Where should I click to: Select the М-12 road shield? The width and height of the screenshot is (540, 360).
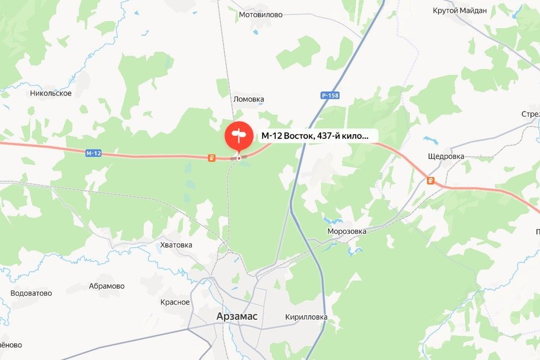point(93,153)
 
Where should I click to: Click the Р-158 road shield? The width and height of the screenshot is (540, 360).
point(330,95)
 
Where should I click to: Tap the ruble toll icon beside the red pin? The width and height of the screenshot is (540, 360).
point(212,158)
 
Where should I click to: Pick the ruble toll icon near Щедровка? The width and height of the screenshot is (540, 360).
point(430,181)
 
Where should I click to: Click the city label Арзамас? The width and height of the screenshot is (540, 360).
point(237,316)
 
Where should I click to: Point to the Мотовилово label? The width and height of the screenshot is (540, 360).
point(260,15)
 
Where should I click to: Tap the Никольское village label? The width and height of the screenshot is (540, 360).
point(51,93)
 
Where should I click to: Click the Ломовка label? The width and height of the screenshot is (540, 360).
point(249,99)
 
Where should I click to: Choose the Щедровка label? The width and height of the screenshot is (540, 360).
point(446,156)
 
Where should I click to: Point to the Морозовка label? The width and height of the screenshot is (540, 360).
point(346,231)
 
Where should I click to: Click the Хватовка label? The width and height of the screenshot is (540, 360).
point(176,245)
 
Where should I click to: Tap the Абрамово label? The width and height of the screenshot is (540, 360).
point(107,286)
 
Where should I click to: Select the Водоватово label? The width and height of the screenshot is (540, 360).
point(31,293)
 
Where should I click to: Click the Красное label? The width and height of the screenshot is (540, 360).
point(175,302)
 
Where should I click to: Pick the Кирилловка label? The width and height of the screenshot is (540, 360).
point(306,317)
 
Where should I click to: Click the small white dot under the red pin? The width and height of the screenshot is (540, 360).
point(239,158)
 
